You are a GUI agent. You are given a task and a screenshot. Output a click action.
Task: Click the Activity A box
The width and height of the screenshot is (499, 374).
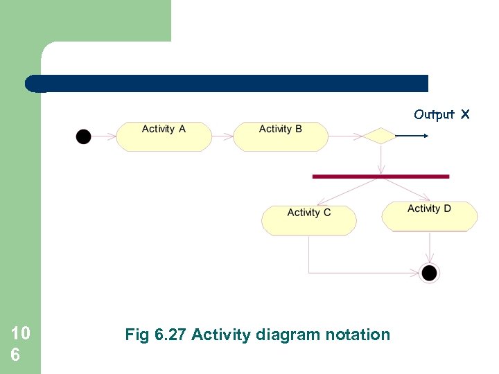(164, 136)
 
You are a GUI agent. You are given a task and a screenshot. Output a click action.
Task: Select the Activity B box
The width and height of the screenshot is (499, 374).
(280, 136)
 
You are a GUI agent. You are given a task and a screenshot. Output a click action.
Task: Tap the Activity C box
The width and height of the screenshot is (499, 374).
(308, 220)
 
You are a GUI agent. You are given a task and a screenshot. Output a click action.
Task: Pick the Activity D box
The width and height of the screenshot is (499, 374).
(430, 216)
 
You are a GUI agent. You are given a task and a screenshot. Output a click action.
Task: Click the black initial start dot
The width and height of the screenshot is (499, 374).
(83, 136)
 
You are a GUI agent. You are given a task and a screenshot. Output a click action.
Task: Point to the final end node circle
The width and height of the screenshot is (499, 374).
(430, 273)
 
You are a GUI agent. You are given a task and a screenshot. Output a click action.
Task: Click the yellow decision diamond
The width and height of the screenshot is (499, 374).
(380, 136)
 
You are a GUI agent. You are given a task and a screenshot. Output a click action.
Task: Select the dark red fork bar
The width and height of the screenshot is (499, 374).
(380, 177)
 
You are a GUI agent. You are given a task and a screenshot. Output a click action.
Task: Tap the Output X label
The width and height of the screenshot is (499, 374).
(441, 114)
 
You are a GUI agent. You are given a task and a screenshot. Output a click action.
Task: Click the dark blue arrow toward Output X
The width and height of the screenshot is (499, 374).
(412, 136)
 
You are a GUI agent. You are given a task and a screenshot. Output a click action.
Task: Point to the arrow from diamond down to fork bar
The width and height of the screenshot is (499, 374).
(380, 159)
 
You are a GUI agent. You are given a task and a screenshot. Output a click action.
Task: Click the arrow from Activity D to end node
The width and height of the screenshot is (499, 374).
(430, 247)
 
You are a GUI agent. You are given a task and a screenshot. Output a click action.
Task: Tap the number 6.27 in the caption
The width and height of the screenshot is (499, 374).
(170, 335)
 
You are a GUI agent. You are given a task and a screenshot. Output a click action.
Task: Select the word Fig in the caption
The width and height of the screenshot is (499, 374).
(136, 335)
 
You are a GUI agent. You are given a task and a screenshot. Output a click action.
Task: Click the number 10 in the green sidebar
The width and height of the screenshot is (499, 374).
(21, 335)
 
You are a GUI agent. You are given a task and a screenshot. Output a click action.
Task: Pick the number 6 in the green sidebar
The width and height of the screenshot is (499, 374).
(15, 355)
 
